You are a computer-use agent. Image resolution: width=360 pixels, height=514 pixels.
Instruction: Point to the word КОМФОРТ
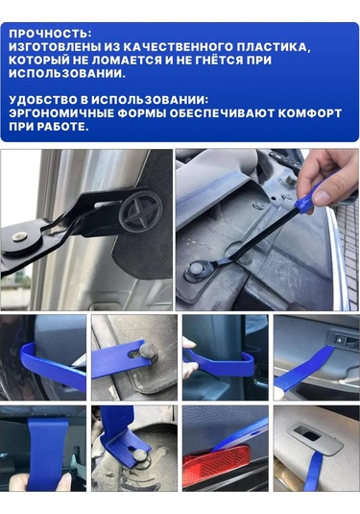(309, 113)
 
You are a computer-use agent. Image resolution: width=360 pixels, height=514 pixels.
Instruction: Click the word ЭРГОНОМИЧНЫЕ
(61, 113)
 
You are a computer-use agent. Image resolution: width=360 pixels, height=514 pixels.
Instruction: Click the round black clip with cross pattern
(141, 211)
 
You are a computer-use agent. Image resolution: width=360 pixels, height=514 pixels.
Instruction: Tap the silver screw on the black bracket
(19, 235)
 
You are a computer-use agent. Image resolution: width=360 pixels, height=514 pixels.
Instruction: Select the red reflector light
(217, 466)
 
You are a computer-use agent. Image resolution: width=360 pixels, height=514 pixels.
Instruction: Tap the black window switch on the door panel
(341, 339)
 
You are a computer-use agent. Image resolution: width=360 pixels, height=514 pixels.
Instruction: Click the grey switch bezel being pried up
(315, 439)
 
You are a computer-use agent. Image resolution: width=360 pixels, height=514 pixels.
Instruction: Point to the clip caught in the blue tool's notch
(148, 352)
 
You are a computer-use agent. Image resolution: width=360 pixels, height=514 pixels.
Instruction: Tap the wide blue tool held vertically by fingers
(46, 453)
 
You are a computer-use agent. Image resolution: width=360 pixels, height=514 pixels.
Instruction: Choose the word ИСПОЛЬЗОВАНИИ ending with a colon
(150, 100)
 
